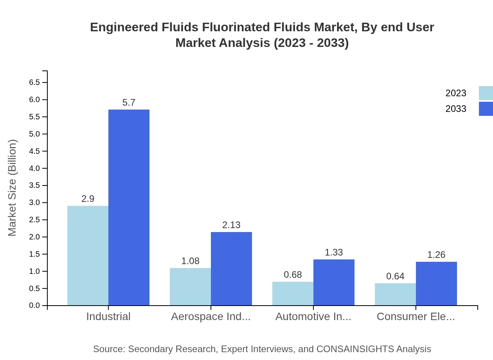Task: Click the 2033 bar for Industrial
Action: (129, 207)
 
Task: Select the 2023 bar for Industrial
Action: (88, 256)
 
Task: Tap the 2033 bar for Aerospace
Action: (231, 268)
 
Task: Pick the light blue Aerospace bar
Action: (190, 286)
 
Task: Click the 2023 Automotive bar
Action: (293, 293)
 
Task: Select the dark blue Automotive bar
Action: (334, 282)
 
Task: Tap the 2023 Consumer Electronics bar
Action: (395, 294)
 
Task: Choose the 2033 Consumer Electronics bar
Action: (436, 283)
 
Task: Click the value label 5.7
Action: (129, 103)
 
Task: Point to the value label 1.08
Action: (190, 261)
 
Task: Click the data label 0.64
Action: (395, 276)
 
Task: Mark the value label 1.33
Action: (334, 252)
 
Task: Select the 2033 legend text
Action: (456, 109)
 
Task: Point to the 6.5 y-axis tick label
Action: (34, 83)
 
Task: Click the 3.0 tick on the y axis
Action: (34, 203)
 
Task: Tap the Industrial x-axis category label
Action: (108, 316)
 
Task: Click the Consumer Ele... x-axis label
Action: (416, 316)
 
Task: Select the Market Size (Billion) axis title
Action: (13, 188)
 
